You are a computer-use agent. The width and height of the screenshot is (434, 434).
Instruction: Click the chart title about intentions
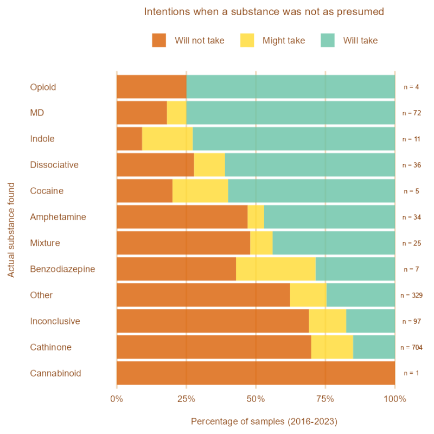(x=264, y=11)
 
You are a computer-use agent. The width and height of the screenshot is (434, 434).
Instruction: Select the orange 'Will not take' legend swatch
(x=159, y=40)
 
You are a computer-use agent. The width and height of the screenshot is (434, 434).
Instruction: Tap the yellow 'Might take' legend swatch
(x=246, y=40)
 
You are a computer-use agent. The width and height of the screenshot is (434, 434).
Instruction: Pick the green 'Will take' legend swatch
(x=327, y=40)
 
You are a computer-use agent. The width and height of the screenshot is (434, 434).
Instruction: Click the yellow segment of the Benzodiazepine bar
(x=276, y=269)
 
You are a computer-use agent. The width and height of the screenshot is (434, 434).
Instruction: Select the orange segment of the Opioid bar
(x=151, y=87)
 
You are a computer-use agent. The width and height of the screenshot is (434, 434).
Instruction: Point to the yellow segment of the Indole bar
(x=167, y=139)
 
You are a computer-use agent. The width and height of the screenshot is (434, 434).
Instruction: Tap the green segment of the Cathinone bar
(x=374, y=347)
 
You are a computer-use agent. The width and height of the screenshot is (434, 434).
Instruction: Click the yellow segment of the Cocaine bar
(x=200, y=191)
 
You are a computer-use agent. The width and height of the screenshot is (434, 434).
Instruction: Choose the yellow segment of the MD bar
(x=176, y=113)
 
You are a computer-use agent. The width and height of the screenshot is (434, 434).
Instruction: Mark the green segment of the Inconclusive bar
(x=371, y=321)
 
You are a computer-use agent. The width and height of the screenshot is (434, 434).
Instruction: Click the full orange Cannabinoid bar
(x=256, y=373)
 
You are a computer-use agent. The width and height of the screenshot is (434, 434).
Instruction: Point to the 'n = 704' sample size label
(x=411, y=347)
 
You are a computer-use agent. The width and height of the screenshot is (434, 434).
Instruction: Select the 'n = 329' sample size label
(x=411, y=295)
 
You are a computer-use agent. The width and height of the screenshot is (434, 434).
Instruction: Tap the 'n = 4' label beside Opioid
(x=411, y=87)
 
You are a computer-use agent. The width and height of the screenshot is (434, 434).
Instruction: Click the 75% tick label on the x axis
(x=325, y=400)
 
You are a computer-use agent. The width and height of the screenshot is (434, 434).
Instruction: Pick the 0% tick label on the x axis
(x=117, y=400)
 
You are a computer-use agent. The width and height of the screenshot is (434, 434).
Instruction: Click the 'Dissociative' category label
(x=54, y=165)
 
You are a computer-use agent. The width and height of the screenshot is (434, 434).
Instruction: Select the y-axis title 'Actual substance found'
(x=11, y=230)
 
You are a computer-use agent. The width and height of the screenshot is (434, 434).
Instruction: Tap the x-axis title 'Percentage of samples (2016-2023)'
(x=264, y=422)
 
